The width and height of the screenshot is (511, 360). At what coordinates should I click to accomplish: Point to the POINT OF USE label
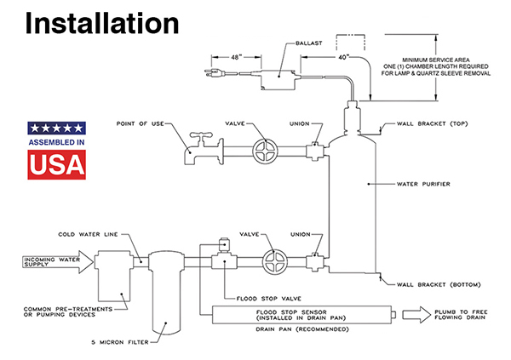coord(139,124)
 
